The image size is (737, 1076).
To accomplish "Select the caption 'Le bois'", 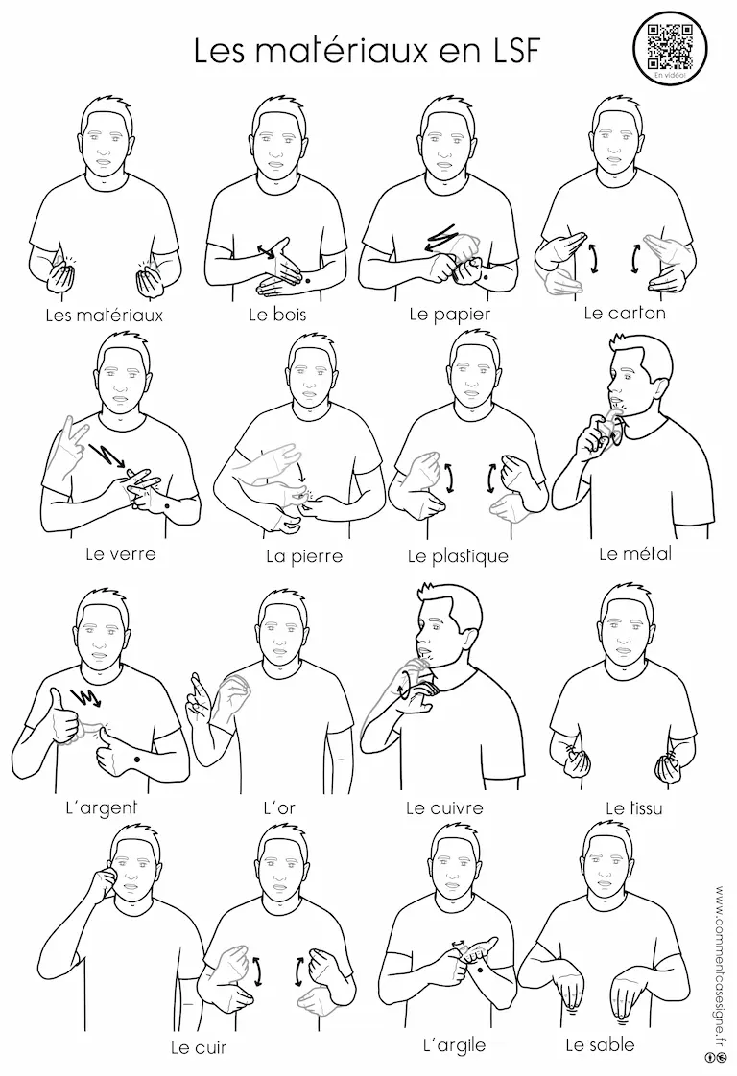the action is point(276,315).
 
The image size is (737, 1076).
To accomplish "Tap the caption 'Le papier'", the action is point(449,315).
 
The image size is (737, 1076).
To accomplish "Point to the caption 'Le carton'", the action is point(625,313).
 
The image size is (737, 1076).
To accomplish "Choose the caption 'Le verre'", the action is point(121,553).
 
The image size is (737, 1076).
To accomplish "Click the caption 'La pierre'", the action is point(303,556).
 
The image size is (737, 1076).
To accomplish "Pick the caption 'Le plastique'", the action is point(458,556).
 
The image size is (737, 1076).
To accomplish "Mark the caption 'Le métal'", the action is point(634,553).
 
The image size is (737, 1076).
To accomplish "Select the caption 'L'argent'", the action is point(101,807).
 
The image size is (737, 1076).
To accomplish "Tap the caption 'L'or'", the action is point(279,807).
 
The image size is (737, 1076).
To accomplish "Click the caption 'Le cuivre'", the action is point(444,807).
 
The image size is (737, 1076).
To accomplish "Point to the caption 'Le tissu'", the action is point(634,807).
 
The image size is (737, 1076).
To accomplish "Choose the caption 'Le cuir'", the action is point(199,1048).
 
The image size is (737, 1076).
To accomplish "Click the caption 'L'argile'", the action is point(454,1046).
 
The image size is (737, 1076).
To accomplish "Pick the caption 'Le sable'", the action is point(600,1045).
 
